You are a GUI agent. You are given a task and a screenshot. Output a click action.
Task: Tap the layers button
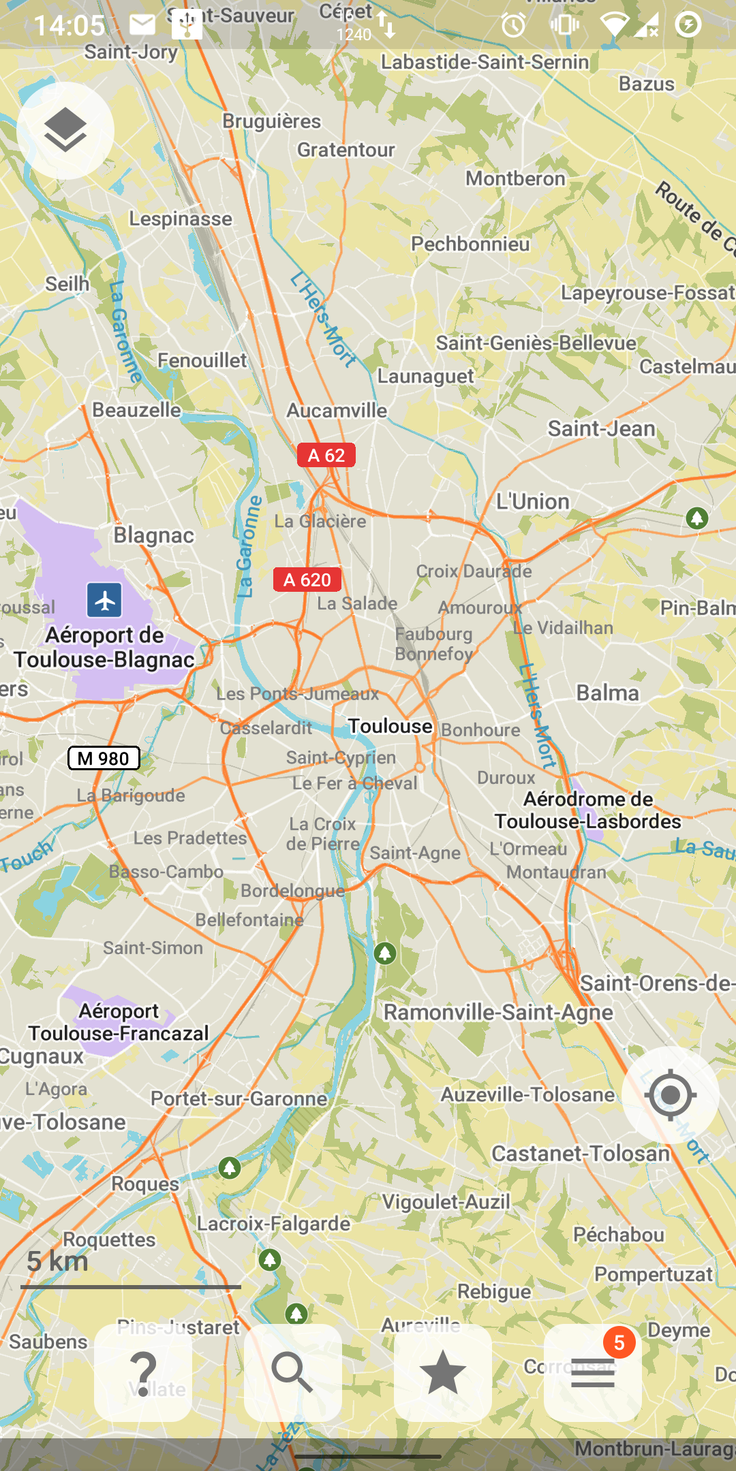click(x=65, y=130)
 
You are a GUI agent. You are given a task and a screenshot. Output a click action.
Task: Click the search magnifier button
click(x=293, y=1372)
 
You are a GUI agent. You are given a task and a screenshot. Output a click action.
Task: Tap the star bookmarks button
click(x=443, y=1372)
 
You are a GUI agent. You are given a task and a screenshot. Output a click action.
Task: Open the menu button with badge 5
click(x=593, y=1372)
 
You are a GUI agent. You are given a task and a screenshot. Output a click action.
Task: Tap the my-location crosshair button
click(x=671, y=1095)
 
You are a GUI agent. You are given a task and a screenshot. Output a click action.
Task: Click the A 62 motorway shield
click(x=326, y=456)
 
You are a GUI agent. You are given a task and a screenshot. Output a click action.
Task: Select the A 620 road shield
click(x=307, y=580)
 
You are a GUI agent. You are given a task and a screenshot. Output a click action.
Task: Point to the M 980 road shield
click(x=104, y=758)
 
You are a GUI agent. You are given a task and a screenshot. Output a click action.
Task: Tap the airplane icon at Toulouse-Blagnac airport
click(x=104, y=600)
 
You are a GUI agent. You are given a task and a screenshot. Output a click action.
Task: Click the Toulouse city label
click(x=390, y=726)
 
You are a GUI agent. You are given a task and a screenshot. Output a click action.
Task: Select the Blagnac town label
click(x=154, y=535)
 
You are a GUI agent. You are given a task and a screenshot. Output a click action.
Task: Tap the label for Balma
click(x=608, y=693)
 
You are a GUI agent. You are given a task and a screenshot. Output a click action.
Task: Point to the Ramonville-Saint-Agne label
click(x=498, y=1013)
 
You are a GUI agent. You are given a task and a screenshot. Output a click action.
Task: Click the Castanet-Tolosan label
click(x=581, y=1154)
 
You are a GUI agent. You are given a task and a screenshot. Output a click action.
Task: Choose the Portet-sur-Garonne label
click(x=239, y=1098)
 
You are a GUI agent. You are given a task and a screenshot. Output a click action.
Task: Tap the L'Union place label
click(x=533, y=502)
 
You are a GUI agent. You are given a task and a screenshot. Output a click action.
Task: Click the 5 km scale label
click(x=58, y=1261)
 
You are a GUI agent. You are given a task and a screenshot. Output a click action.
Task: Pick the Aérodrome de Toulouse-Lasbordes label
click(x=588, y=810)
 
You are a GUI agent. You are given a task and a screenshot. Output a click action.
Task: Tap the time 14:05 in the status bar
click(x=70, y=26)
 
